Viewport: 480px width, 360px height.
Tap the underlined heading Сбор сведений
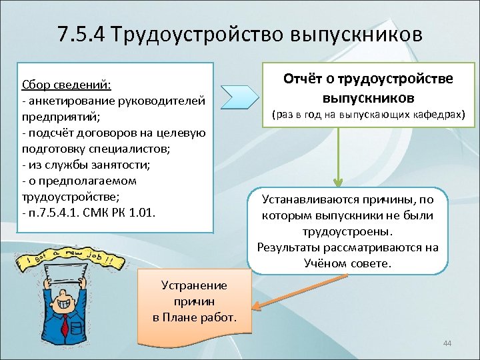(66, 85)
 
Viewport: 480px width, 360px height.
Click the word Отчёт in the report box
(304, 79)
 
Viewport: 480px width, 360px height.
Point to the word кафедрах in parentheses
(441, 115)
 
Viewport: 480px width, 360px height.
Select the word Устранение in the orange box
(194, 285)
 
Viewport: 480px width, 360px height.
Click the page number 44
(447, 343)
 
